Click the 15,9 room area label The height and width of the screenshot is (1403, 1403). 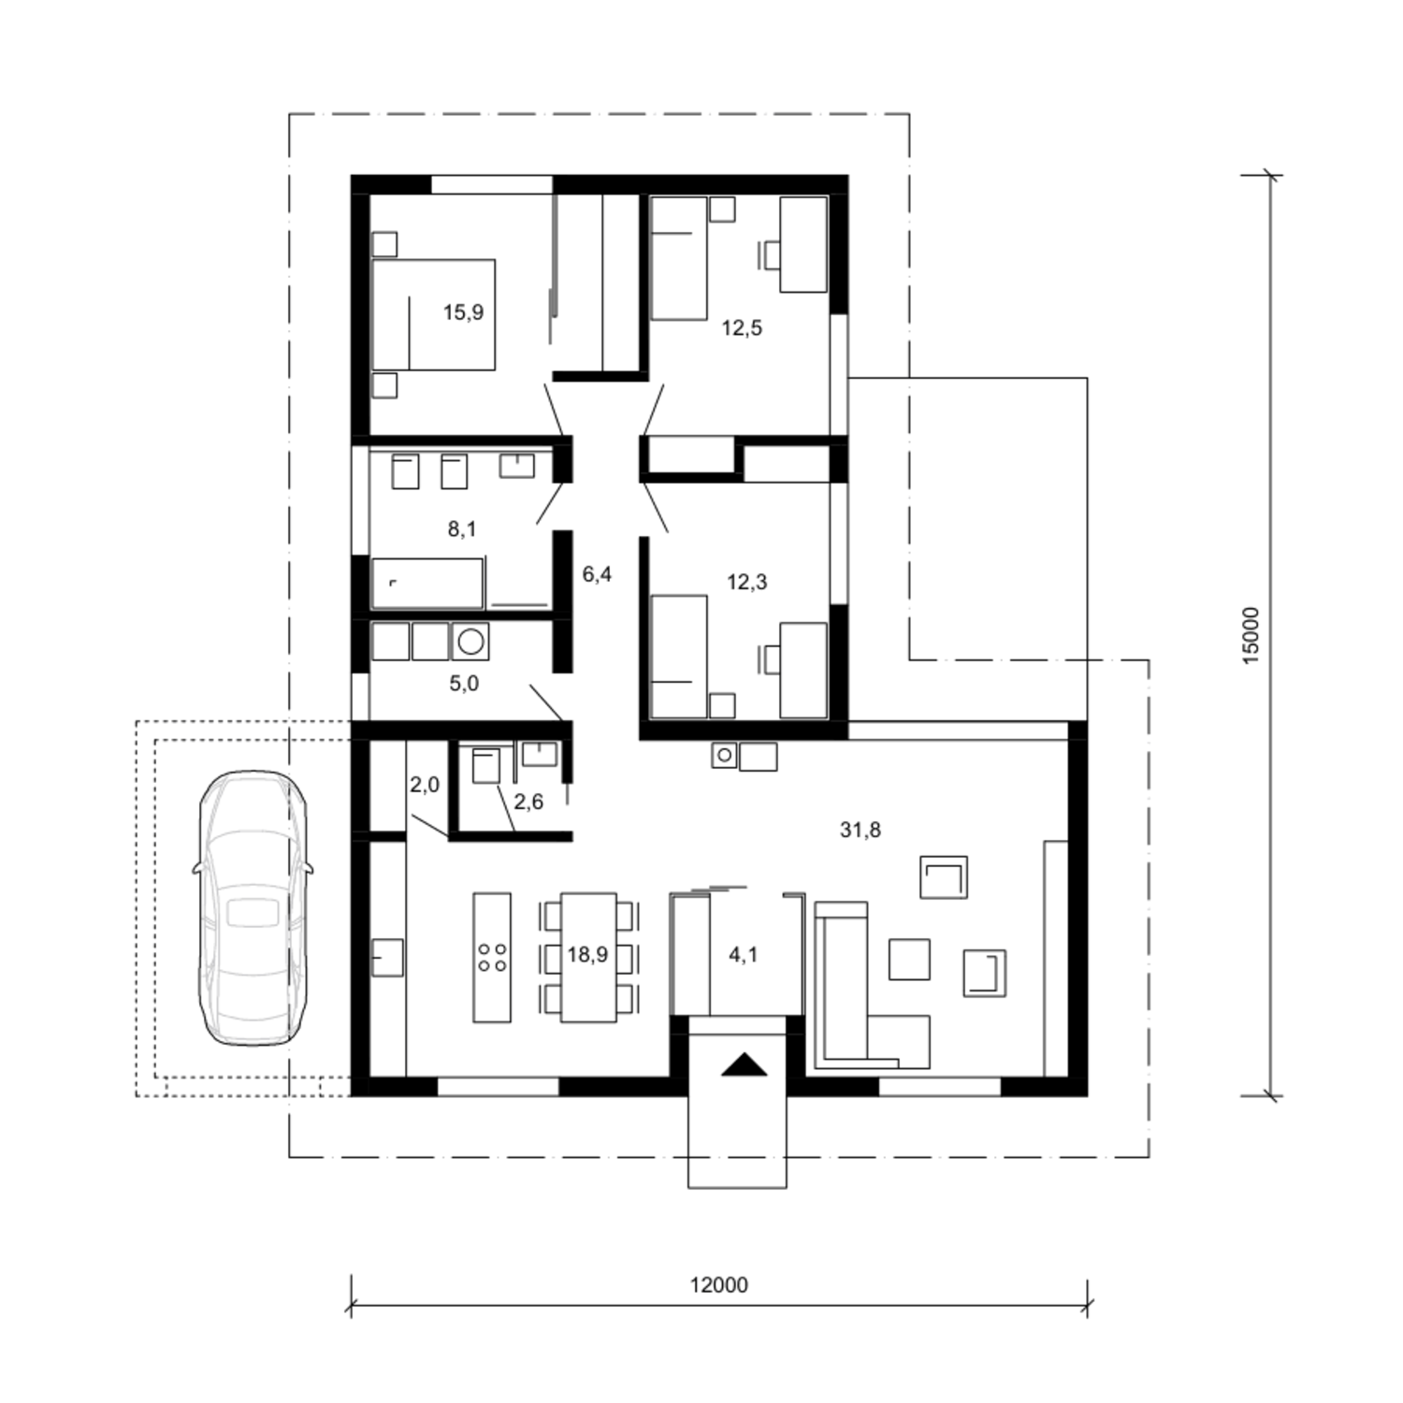(463, 312)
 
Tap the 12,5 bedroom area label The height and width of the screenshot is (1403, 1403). (742, 328)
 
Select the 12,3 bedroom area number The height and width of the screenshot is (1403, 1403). (746, 582)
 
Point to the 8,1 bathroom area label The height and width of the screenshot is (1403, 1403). (462, 529)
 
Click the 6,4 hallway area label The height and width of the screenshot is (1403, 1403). (597, 574)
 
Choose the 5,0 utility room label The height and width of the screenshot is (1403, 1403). (464, 684)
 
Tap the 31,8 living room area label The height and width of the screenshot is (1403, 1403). (861, 830)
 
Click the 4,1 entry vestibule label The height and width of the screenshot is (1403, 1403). (744, 955)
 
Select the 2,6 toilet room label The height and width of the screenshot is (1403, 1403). (528, 802)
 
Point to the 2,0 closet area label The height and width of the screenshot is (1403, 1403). (425, 785)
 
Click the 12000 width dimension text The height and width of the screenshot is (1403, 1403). (719, 1285)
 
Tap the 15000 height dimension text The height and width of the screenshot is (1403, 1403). (1252, 636)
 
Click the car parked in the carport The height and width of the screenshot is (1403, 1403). (253, 907)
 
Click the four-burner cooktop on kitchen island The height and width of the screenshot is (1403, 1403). (492, 957)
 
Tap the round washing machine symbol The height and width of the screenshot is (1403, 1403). (470, 642)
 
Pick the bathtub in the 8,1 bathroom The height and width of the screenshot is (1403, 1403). (427, 584)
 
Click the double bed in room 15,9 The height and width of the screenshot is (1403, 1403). (433, 314)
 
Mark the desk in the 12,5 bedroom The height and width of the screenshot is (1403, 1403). (803, 244)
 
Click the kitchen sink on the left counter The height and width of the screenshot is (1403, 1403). (388, 958)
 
